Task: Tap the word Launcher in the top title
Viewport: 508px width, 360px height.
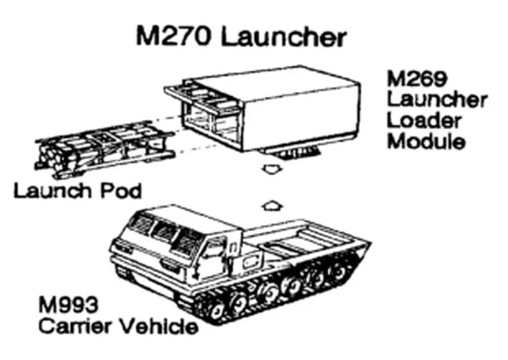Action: pyautogui.click(x=286, y=37)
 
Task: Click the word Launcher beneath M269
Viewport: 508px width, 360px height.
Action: pyautogui.click(x=437, y=98)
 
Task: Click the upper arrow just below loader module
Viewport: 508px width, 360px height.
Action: pyautogui.click(x=271, y=170)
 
